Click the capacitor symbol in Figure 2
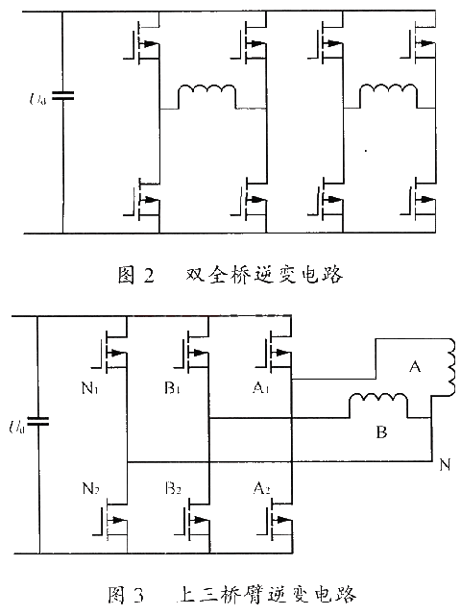(62, 95)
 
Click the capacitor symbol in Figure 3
(37, 422)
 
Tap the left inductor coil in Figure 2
(207, 92)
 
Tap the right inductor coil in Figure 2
(388, 92)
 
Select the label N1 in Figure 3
(89, 388)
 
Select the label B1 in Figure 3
(172, 388)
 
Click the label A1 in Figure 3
(260, 388)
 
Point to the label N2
(90, 488)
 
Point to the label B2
(173, 488)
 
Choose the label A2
(261, 488)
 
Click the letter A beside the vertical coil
(415, 367)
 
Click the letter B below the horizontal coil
(381, 431)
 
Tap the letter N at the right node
(445, 465)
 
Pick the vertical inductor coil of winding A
(450, 368)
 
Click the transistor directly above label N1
(110, 351)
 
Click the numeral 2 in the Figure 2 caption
(149, 275)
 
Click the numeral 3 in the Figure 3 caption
(138, 595)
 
